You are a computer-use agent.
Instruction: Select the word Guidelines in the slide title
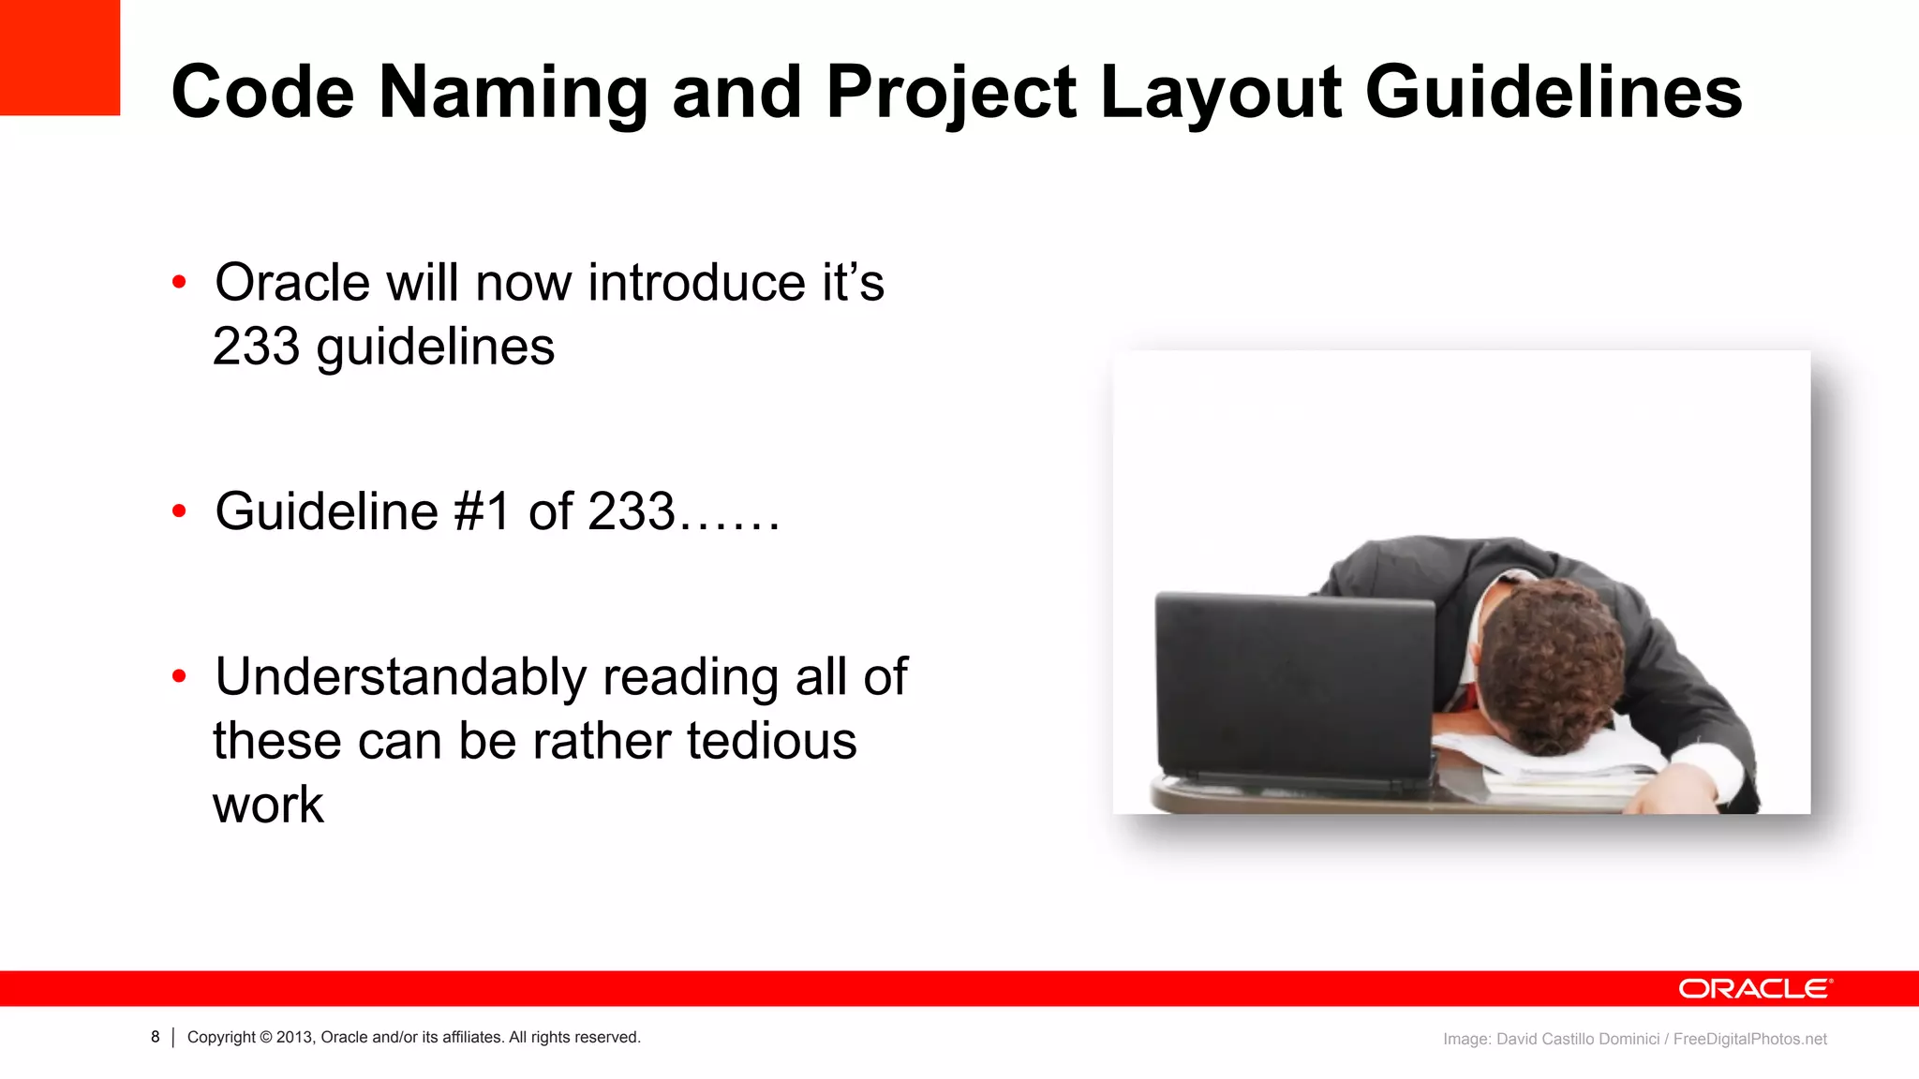[1554, 93]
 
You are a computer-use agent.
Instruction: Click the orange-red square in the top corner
[59, 56]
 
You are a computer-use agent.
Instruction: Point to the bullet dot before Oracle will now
[179, 282]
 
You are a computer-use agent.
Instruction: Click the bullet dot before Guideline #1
[179, 510]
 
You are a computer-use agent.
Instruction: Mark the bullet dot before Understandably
[179, 675]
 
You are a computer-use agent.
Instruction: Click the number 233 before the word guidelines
[255, 347]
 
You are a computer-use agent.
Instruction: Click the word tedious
[771, 741]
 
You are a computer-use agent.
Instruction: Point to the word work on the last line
[268, 805]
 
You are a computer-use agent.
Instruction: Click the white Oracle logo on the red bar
[1755, 989]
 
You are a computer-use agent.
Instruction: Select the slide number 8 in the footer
[156, 1037]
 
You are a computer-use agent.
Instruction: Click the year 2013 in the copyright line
[294, 1038]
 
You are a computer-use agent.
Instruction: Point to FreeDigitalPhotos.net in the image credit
[1749, 1039]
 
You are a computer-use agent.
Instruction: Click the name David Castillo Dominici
[1577, 1039]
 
